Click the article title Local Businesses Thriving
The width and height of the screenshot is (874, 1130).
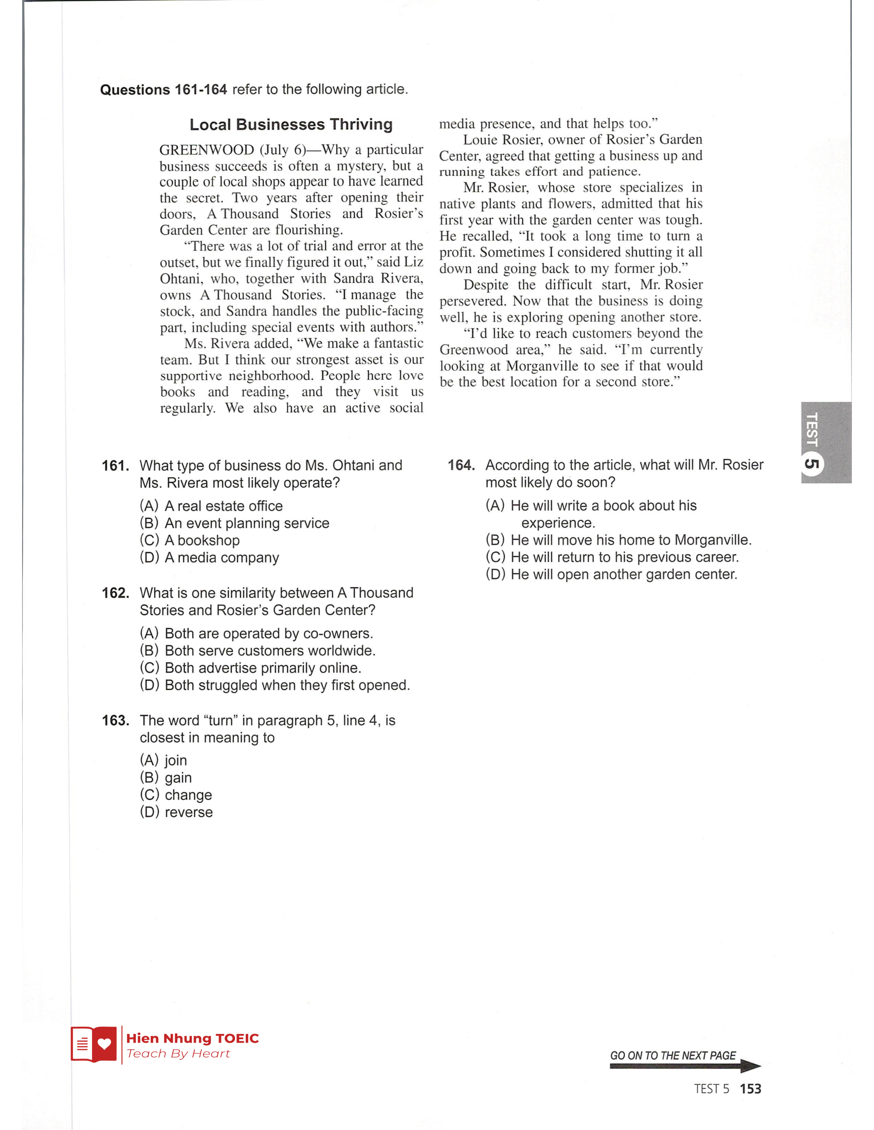[x=291, y=125]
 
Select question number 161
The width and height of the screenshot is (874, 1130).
[x=115, y=466]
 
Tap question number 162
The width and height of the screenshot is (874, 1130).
[x=115, y=593]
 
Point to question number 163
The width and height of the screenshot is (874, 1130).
[x=115, y=720]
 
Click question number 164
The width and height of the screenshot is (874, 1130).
[x=461, y=465]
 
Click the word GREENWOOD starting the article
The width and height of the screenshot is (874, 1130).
[x=207, y=150]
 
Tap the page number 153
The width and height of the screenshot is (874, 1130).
[x=750, y=1088]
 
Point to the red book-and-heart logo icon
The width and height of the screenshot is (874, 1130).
[x=94, y=1044]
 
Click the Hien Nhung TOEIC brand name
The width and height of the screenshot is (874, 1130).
[x=192, y=1038]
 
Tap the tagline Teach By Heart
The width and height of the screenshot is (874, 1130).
[x=178, y=1053]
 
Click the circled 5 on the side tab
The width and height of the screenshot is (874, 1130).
[x=811, y=463]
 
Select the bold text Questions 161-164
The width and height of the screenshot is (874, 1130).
[x=163, y=89]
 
